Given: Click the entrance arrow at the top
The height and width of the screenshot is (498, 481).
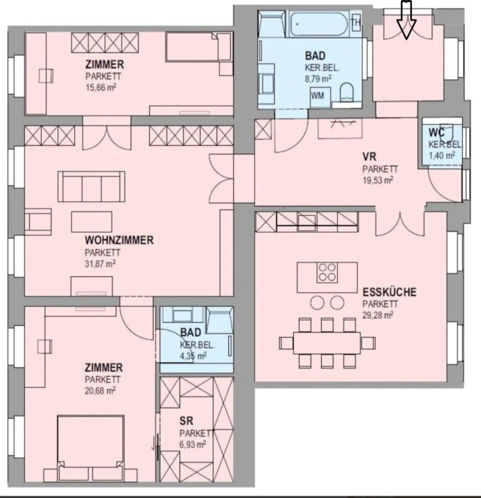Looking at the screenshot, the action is pos(406,20).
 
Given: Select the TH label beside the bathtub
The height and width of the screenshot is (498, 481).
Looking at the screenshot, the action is pos(356,22).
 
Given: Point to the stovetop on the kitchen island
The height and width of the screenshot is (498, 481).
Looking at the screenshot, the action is pos(327,272).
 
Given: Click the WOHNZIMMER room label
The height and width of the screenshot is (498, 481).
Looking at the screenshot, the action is pos(119,240).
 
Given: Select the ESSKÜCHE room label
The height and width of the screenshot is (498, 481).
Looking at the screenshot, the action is pos(389,292).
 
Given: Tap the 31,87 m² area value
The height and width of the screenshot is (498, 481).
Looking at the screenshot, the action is pos(100,264).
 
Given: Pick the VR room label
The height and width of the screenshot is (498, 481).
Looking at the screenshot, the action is pos(370,157).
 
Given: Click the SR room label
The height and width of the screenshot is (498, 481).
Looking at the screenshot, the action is pos(186,421).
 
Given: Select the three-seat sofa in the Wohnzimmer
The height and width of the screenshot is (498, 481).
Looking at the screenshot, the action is pos(91,186).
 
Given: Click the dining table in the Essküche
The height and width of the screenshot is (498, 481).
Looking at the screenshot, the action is pos(327,343).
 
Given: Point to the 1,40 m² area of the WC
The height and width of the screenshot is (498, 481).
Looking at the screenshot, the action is pos(442,155).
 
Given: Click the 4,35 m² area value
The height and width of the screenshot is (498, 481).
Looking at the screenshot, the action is pos(193,356).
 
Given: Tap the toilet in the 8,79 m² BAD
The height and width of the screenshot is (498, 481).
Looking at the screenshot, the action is pos(347,92).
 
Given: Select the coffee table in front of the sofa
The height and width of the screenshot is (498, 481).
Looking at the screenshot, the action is pos(92,222).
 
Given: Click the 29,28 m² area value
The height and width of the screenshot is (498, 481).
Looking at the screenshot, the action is pos(378,315).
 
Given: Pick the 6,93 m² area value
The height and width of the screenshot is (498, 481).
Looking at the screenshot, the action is pos(192,444).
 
